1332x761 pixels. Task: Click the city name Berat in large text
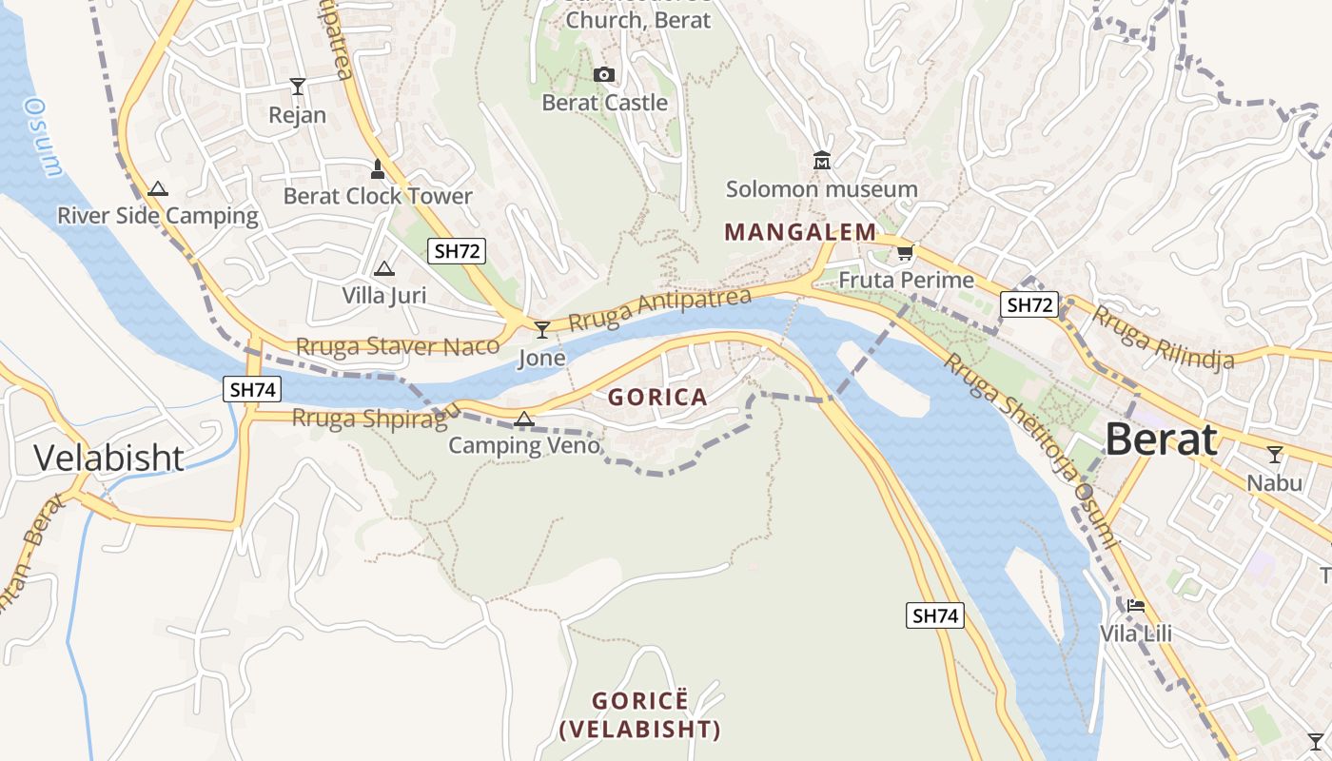[x=1161, y=439]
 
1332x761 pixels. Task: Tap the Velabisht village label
[x=108, y=458]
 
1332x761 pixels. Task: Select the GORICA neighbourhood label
[x=657, y=398]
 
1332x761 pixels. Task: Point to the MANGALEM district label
[x=800, y=232]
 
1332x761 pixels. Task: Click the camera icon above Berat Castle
[x=603, y=75]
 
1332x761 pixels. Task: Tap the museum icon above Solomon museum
[x=822, y=161]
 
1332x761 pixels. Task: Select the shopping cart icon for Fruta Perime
[x=905, y=253]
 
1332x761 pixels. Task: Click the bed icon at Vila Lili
[x=1135, y=606]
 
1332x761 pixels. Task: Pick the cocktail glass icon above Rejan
[x=298, y=87]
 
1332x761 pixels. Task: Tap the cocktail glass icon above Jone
[x=542, y=330]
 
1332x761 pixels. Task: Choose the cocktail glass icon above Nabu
[x=1275, y=455]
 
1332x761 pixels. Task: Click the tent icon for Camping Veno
[x=523, y=419]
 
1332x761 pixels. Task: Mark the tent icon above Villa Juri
[x=384, y=268]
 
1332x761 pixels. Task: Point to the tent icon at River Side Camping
[x=158, y=188]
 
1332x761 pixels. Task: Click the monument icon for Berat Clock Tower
[x=378, y=169]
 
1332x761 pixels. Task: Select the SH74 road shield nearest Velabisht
[x=252, y=388]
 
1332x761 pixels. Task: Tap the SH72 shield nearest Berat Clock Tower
[x=457, y=251]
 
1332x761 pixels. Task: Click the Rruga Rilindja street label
[x=1162, y=337]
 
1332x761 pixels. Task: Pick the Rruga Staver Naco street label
[x=398, y=346]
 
